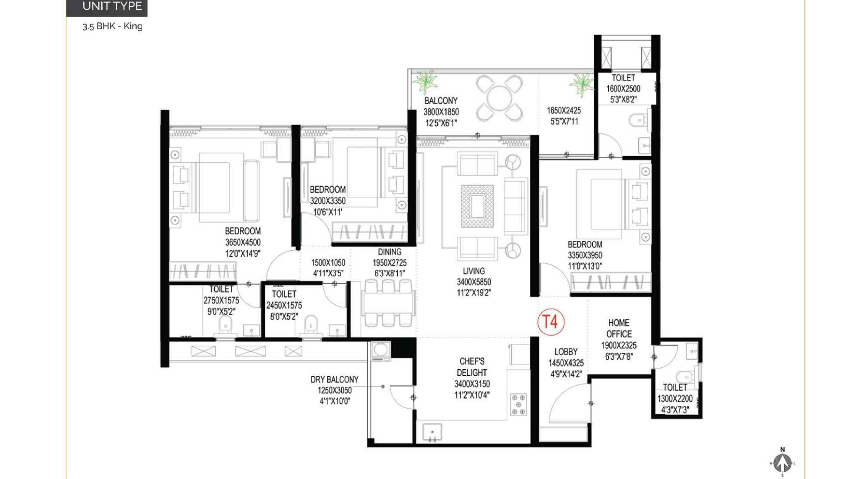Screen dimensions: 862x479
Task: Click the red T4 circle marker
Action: (551, 322)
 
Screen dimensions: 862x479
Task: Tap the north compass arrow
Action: (783, 462)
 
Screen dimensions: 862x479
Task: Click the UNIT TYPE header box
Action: (106, 7)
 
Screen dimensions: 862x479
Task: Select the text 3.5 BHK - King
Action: (112, 26)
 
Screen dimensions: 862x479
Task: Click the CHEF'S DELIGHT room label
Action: (472, 367)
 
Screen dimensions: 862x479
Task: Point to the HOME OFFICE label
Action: (619, 328)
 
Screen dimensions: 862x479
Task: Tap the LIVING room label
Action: (474, 271)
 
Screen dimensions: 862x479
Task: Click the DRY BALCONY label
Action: (334, 379)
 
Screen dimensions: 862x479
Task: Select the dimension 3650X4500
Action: (243, 243)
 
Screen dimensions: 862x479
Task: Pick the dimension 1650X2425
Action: (564, 111)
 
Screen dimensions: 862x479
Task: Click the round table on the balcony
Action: (499, 98)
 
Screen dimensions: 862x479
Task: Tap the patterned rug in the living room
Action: (477, 206)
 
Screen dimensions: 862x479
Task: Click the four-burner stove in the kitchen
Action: (519, 405)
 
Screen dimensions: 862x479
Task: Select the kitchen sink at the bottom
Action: (432, 432)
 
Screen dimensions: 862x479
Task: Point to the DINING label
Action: (390, 252)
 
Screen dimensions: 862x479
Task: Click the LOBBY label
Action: (566, 352)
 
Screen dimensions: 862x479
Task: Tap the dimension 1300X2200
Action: (675, 399)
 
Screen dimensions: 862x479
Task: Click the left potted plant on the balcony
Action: (425, 82)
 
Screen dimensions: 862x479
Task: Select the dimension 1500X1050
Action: (328, 263)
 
